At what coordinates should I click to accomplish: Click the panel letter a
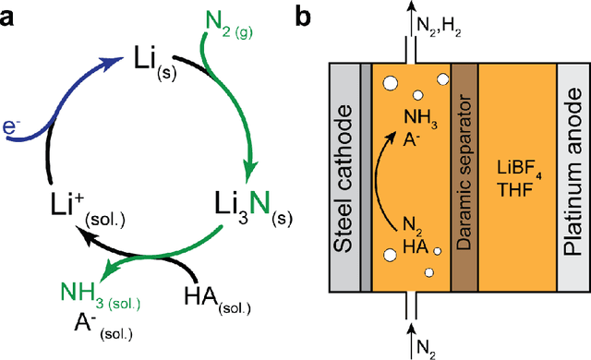tap(11, 15)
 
